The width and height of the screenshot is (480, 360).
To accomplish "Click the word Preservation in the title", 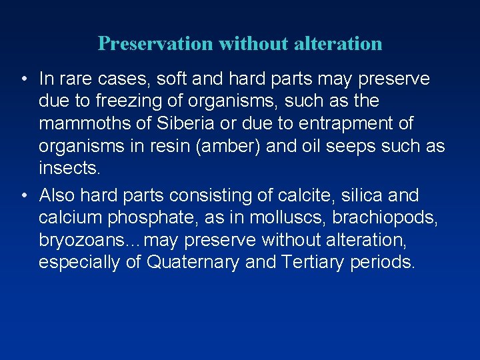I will (x=155, y=44).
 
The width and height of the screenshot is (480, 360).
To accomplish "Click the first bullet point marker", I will (x=23, y=80).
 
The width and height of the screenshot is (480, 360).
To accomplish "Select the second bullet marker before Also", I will (x=23, y=196).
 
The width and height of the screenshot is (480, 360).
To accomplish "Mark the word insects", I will (x=69, y=168).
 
